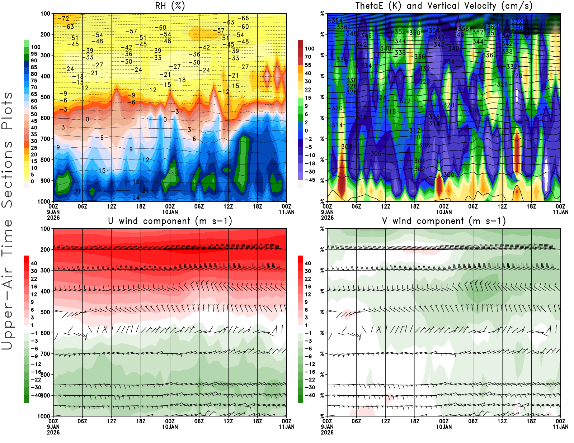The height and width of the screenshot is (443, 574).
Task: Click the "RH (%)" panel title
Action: pos(170,6)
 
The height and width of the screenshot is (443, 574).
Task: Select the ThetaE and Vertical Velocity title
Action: pos(444,6)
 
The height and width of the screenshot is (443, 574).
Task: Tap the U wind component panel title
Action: pos(170,221)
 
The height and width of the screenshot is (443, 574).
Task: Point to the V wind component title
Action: pos(444,221)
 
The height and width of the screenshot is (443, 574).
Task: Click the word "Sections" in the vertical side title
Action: pos(7,174)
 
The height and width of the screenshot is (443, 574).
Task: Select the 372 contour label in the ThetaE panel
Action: pos(517,22)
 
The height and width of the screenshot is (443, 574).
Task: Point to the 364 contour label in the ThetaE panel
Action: pos(337,20)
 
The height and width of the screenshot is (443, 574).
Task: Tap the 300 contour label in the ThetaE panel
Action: pos(449,175)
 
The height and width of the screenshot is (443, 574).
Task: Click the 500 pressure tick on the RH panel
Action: pos(45,97)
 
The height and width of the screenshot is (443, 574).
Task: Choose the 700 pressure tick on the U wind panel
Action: pos(45,354)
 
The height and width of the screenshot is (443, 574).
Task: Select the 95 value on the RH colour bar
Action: pos(34,54)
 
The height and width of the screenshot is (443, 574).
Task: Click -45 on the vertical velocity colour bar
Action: pos(310,180)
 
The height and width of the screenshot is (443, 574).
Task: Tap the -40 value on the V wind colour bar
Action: pos(310,395)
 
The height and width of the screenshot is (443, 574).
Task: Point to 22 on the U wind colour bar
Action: pos(34,278)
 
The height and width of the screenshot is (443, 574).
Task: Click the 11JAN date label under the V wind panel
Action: pos(560,427)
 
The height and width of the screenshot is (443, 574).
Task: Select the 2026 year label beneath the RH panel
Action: pos(53,218)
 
